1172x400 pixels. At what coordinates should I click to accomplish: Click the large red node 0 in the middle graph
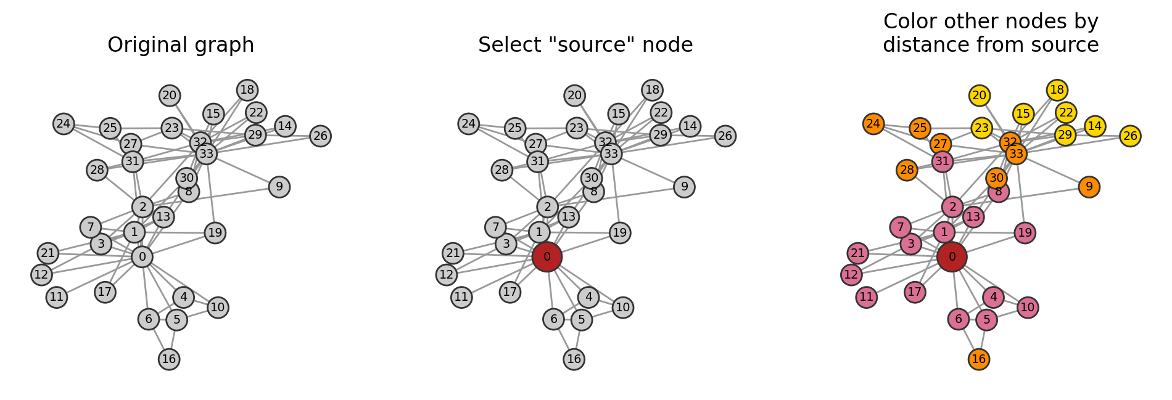(x=547, y=257)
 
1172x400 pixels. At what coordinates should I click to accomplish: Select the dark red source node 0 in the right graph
(x=952, y=257)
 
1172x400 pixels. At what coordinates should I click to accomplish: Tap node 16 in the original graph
(x=169, y=359)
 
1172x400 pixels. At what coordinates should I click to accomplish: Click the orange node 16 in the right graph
(x=979, y=359)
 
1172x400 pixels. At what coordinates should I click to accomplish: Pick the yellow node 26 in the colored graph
(x=1130, y=136)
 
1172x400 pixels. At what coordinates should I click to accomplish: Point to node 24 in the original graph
(x=64, y=124)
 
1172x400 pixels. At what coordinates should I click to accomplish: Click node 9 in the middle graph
(x=684, y=187)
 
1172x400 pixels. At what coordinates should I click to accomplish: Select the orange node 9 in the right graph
(x=1089, y=187)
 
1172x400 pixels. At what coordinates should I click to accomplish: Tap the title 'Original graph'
(x=181, y=45)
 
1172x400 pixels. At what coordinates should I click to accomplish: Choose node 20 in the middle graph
(x=574, y=96)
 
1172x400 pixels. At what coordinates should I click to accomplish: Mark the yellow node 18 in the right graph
(x=1057, y=90)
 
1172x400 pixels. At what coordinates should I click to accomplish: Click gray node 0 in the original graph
(x=142, y=257)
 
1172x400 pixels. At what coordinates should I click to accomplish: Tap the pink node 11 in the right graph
(x=867, y=297)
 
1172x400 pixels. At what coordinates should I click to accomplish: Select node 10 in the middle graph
(x=623, y=307)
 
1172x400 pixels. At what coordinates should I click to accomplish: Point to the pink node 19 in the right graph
(x=1025, y=233)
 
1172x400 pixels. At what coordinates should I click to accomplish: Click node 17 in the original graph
(x=105, y=292)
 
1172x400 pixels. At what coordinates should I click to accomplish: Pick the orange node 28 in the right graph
(x=907, y=170)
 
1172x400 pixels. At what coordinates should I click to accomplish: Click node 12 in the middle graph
(x=447, y=274)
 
